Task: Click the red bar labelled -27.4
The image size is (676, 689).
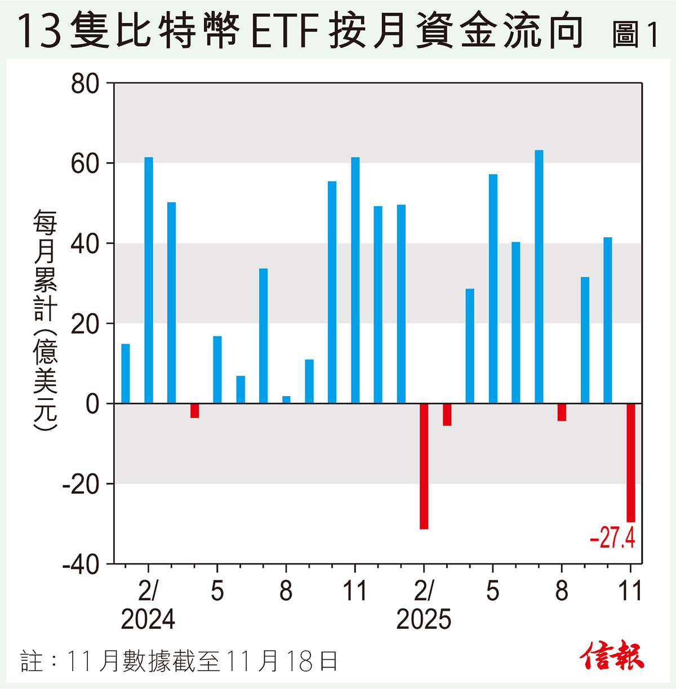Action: pyautogui.click(x=630, y=463)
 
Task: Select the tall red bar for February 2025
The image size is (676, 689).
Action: pyautogui.click(x=424, y=466)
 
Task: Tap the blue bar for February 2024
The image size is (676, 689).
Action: pyautogui.click(x=149, y=280)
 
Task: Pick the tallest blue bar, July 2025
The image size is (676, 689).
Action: pyautogui.click(x=539, y=277)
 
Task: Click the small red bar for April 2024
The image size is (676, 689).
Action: pyautogui.click(x=194, y=411)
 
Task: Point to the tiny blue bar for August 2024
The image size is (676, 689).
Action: pyautogui.click(x=286, y=399)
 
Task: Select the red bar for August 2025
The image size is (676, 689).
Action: pyautogui.click(x=562, y=412)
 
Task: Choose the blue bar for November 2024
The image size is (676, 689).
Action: pyautogui.click(x=355, y=280)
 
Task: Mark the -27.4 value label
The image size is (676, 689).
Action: pyautogui.click(x=612, y=538)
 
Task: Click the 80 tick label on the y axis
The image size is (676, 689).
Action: pyautogui.click(x=85, y=84)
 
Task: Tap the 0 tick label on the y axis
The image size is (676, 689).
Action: pyautogui.click(x=92, y=404)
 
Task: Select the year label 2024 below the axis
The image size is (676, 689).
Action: pyautogui.click(x=148, y=619)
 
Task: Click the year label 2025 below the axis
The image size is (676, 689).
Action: pyautogui.click(x=424, y=619)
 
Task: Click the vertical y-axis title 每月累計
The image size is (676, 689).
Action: pyautogui.click(x=45, y=265)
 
